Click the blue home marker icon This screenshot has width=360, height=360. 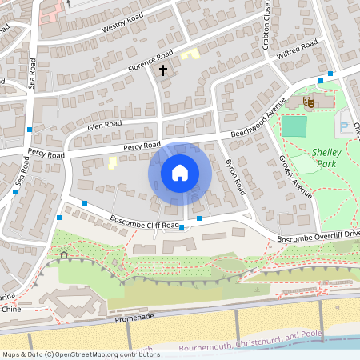click(x=179, y=173)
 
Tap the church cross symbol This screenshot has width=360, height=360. click(x=163, y=70)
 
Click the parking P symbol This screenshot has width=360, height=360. click(x=345, y=126)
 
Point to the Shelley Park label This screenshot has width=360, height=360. click(x=326, y=157)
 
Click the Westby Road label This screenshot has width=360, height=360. click(x=122, y=25)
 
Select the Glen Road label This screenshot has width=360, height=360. click(x=105, y=125)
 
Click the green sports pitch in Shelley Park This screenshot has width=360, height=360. click(x=294, y=126)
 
